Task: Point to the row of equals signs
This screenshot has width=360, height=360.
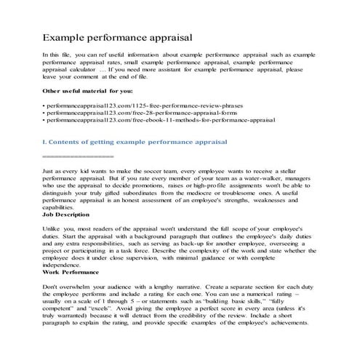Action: [78, 156]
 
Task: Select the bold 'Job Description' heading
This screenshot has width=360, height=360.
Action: [67, 216]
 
